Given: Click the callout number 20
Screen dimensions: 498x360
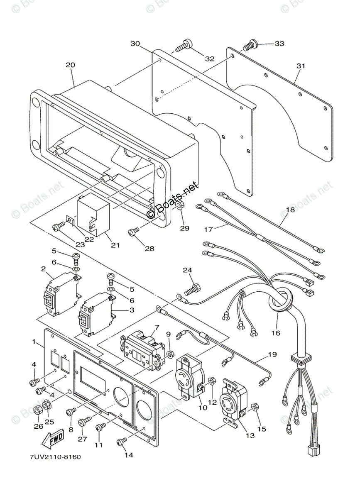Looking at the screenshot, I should point(70,65).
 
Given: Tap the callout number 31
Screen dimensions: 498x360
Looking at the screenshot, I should point(301,66).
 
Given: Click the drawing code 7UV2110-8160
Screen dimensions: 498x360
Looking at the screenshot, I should point(55,457).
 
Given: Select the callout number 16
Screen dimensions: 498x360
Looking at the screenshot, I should point(276,332).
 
